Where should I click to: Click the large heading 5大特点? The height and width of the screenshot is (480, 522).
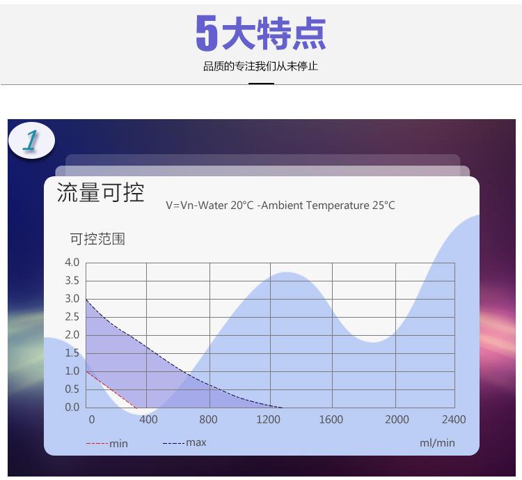pos(261,33)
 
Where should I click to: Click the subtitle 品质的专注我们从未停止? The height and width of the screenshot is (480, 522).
pos(261,66)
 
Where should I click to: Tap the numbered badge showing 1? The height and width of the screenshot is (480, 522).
pos(31,140)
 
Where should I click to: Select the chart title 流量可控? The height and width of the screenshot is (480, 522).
pos(100,192)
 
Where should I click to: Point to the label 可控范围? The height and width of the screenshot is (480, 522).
pos(97,239)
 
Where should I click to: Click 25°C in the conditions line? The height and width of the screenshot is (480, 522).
pos(383,205)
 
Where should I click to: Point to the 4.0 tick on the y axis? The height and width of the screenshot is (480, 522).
pos(72,263)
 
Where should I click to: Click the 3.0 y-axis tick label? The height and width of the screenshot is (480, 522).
pos(72,299)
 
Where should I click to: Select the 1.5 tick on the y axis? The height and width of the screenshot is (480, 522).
pos(72,353)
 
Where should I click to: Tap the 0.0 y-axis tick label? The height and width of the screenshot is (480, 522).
pos(72,408)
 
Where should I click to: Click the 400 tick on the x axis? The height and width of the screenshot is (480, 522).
pos(148,419)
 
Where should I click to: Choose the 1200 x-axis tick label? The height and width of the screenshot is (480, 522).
pos(268,419)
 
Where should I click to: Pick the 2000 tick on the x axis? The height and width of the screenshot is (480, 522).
pos(397,419)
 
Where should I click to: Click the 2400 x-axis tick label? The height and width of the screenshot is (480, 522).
pos(454,419)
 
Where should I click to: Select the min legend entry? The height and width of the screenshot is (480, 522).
pos(107,444)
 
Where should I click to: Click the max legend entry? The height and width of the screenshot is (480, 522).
pos(184,442)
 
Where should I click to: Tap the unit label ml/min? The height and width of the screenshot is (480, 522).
pos(437,443)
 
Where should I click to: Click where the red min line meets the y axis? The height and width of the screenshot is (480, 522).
pos(86,371)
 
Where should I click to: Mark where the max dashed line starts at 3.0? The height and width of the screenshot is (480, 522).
pos(86,300)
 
